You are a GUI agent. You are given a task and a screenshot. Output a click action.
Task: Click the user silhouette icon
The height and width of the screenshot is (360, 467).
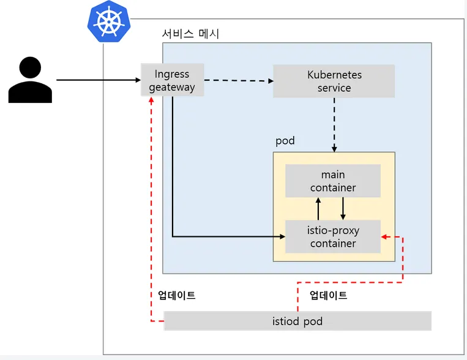click(30, 80)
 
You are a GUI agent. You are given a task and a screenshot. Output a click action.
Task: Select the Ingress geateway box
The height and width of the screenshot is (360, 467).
click(171, 80)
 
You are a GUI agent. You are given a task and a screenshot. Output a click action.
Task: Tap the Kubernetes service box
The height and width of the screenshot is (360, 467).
click(334, 81)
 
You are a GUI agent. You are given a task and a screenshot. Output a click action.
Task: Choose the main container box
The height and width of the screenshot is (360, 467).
click(333, 181)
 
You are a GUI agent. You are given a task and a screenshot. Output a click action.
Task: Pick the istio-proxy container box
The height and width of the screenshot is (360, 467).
click(333, 236)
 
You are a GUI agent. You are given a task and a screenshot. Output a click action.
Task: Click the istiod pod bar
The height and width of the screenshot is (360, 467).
click(297, 321)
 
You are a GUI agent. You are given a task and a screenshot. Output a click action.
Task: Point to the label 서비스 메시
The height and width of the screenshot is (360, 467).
click(190, 34)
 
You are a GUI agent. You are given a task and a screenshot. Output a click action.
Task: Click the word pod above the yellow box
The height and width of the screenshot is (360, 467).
click(285, 141)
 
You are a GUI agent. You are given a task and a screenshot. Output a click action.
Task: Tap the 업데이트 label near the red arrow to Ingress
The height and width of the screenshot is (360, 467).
click(176, 295)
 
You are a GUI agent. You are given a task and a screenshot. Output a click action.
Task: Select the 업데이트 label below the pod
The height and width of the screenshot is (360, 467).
click(328, 295)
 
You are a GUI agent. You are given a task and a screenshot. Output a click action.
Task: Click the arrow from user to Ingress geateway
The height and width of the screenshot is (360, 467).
click(98, 80)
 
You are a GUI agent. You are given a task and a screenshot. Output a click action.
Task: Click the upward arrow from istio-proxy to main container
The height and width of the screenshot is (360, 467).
click(318, 208)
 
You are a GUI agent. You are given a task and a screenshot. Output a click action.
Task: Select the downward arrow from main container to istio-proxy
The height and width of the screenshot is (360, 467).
click(343, 208)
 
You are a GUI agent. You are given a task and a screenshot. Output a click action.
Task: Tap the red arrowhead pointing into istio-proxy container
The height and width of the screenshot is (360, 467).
click(384, 236)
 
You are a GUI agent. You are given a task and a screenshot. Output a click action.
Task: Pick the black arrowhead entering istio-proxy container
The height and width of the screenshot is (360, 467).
click(281, 236)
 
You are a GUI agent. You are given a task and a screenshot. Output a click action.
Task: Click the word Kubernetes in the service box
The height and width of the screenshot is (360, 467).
click(334, 75)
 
